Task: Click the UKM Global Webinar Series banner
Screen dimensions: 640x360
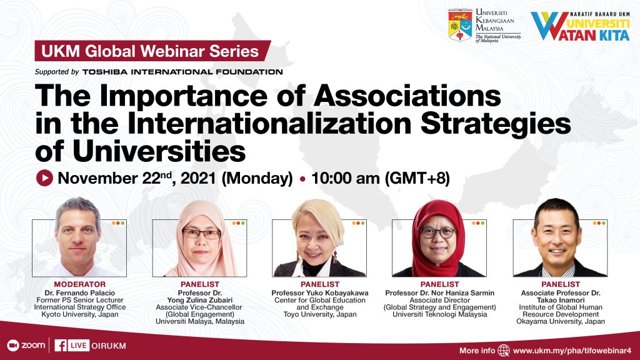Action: [152, 51]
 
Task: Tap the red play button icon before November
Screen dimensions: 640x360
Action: [44, 178]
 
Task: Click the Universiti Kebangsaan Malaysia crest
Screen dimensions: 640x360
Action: [460, 26]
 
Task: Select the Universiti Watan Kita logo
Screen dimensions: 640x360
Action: [580, 26]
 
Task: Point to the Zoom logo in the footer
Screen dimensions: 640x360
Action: [26, 345]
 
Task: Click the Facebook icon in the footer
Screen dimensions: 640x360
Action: [61, 346]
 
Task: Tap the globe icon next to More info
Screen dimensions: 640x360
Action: [504, 350]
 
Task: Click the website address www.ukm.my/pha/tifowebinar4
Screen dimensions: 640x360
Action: [572, 351]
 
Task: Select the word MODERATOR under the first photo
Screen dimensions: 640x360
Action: [80, 284]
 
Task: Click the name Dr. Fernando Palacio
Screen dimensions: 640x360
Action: [80, 292]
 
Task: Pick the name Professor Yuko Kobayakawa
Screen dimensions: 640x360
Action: [320, 292]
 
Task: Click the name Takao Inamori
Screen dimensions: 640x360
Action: [561, 300]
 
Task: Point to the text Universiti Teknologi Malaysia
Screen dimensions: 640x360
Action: [440, 314]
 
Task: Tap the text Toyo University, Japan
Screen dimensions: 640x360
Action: [320, 314]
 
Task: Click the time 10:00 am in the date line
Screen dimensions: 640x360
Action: [346, 178]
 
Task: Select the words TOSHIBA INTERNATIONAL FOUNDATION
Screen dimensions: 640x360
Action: [182, 72]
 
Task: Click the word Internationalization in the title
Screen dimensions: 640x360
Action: [269, 123]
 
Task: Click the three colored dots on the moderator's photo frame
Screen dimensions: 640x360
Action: [118, 223]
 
